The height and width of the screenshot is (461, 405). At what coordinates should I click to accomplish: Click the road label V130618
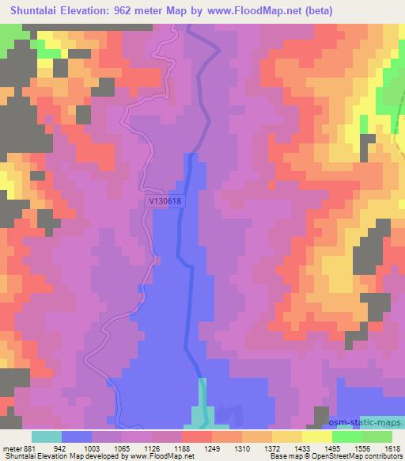tap(165, 201)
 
